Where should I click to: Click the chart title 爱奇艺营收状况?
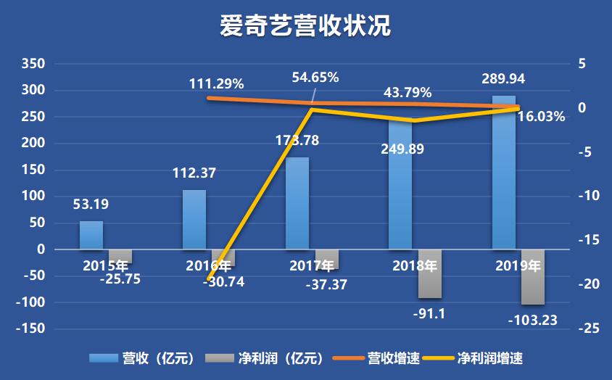tap(305, 27)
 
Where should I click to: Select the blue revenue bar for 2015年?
tap(91, 235)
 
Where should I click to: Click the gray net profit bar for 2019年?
tap(533, 277)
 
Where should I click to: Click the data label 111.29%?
tap(216, 83)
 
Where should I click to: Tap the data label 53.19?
tap(92, 205)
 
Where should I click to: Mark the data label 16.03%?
tap(541, 116)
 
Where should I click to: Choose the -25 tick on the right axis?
tap(588, 329)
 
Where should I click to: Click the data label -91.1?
tap(429, 314)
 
